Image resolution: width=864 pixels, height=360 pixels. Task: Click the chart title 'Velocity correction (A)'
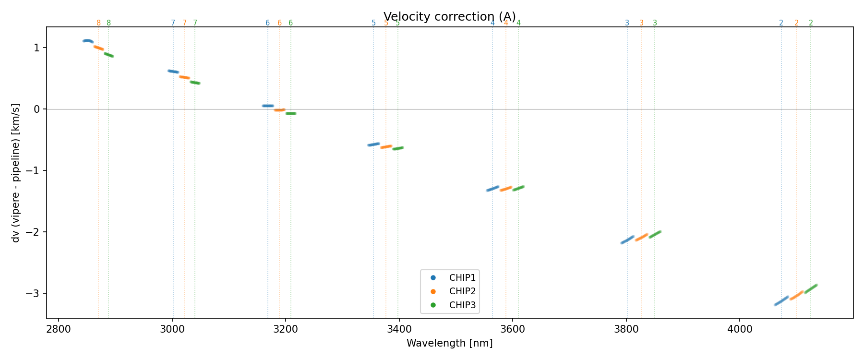449,17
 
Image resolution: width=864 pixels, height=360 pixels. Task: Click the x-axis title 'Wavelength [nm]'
449,343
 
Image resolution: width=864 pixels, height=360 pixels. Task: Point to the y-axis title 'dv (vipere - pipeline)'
16,172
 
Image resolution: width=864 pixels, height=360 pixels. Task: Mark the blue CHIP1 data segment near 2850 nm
87,41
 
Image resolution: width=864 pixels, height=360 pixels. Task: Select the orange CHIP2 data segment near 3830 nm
642,237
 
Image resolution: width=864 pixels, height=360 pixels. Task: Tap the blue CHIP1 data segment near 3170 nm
268,106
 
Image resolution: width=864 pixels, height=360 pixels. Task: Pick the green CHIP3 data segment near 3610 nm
518,188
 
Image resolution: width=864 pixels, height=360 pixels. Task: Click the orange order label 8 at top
98,23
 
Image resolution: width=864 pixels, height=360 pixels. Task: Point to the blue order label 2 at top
781,23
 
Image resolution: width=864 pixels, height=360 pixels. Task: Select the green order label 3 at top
655,23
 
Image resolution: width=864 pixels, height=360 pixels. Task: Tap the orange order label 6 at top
279,23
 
